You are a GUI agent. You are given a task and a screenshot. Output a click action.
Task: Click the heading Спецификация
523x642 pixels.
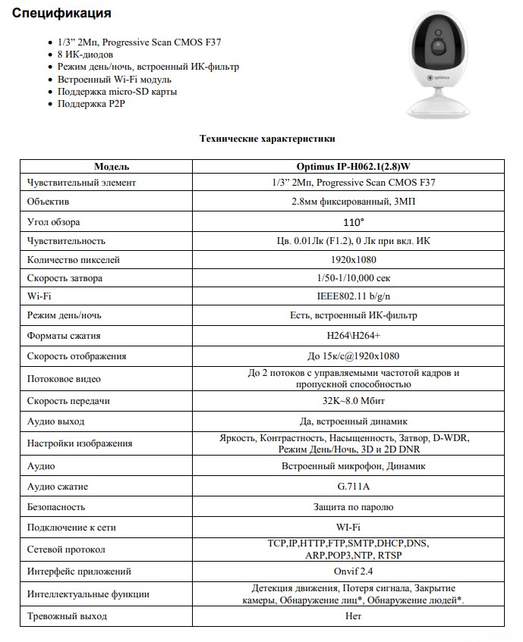pyautogui.click(x=62, y=14)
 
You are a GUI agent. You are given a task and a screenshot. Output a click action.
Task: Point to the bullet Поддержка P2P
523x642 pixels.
pyautogui.click(x=93, y=104)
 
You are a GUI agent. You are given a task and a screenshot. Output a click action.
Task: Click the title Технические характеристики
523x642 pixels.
pyautogui.click(x=266, y=139)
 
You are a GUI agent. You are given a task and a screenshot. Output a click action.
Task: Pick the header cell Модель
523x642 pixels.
pyautogui.click(x=112, y=166)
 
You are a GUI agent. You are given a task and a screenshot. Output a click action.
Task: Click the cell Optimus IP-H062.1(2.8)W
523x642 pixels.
pyautogui.click(x=353, y=166)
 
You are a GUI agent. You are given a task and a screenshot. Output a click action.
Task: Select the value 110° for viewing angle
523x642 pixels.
pyautogui.click(x=353, y=222)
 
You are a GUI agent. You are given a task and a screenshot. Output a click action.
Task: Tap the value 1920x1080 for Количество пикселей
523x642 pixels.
pyautogui.click(x=353, y=259)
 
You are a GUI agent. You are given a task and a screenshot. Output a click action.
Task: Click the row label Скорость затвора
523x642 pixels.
pyautogui.click(x=65, y=278)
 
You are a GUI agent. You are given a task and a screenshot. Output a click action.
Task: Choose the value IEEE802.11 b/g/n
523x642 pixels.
pyautogui.click(x=353, y=296)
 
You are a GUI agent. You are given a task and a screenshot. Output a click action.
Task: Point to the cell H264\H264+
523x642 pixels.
pyautogui.click(x=353, y=335)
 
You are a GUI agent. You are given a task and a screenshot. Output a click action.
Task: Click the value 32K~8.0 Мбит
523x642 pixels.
pyautogui.click(x=353, y=401)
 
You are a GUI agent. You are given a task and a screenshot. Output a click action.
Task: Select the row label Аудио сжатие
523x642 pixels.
pyautogui.click(x=58, y=486)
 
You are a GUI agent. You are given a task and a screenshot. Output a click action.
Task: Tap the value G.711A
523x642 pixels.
pyautogui.click(x=353, y=486)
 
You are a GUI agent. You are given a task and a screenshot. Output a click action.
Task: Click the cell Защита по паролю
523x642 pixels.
pyautogui.click(x=353, y=506)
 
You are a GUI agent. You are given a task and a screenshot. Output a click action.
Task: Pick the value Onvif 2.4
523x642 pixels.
pyautogui.click(x=353, y=571)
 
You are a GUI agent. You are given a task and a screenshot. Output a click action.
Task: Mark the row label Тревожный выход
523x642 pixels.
pyautogui.click(x=67, y=615)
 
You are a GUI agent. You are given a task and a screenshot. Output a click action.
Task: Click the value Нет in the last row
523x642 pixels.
pyautogui.click(x=353, y=615)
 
